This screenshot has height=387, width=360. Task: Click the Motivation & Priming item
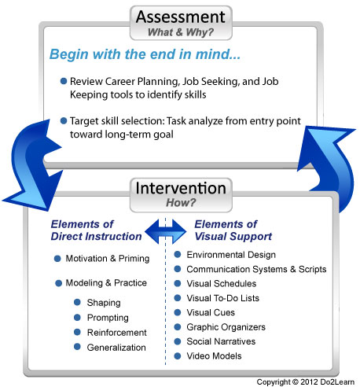coord(103,259)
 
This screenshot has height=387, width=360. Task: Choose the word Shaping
coord(104,302)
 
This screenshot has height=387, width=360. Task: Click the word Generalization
coord(116,347)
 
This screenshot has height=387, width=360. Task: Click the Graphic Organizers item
coord(226,326)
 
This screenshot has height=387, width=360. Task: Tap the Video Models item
coord(215,356)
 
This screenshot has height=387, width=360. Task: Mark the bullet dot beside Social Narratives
coord(178,341)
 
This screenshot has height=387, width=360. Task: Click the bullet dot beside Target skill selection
coord(63,120)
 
